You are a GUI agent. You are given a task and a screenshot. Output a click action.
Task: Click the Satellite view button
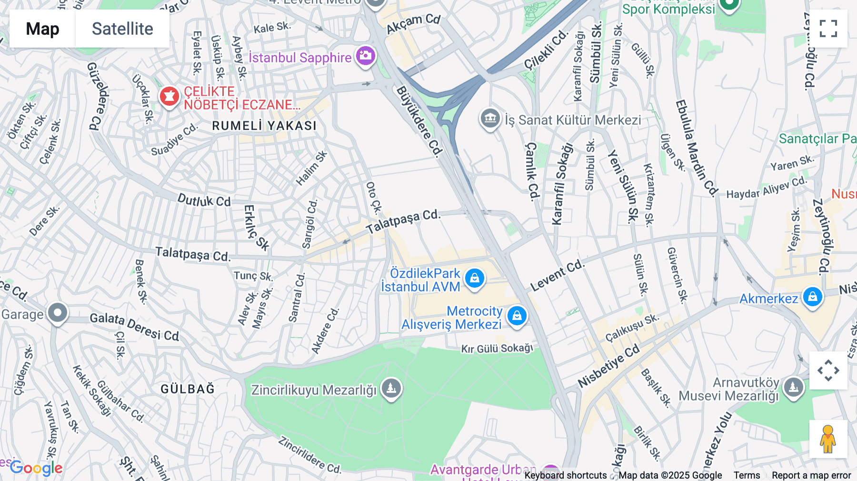122,29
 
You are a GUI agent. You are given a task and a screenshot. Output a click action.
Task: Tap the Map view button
42,29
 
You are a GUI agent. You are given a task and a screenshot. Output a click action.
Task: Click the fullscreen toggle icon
828,29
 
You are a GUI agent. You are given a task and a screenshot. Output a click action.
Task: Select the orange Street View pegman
828,439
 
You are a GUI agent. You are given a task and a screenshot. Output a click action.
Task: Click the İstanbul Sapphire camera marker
366,56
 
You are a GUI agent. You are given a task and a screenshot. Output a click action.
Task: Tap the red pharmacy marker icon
169,97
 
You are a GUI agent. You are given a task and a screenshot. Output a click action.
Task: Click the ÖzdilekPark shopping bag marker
475,278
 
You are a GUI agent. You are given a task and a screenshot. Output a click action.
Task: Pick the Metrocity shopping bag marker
517,316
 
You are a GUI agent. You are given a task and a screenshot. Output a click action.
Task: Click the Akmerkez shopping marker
812,297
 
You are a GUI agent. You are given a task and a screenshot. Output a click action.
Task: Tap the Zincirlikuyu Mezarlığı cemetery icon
391,389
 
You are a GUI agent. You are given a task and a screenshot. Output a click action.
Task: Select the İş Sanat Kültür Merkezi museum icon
490,118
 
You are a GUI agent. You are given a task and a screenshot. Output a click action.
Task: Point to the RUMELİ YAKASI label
264,126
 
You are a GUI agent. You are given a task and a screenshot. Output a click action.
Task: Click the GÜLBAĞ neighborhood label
188,389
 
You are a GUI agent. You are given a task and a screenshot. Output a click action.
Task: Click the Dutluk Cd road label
204,200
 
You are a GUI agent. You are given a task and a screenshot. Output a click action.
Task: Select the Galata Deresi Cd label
134,327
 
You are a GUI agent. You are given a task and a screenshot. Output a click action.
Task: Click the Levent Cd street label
557,275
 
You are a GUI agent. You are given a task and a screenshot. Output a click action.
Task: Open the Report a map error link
811,475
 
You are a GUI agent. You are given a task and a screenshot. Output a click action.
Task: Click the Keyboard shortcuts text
565,475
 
